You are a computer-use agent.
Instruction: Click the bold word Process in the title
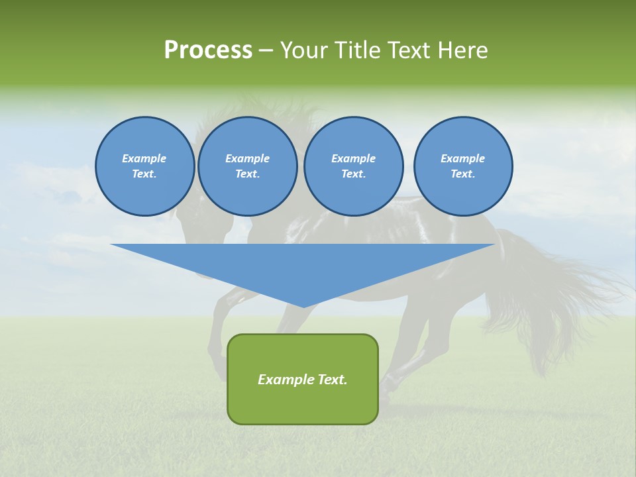click(208, 50)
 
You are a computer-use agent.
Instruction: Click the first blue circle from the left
click(144, 166)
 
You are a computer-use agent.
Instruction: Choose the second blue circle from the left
click(247, 166)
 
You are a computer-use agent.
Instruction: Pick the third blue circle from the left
click(353, 166)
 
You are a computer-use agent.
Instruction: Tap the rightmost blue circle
click(462, 166)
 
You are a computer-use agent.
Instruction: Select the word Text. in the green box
click(334, 380)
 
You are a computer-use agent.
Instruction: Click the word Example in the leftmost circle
click(144, 158)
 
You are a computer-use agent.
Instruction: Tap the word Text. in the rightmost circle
click(462, 174)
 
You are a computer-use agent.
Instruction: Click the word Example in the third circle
click(353, 158)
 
